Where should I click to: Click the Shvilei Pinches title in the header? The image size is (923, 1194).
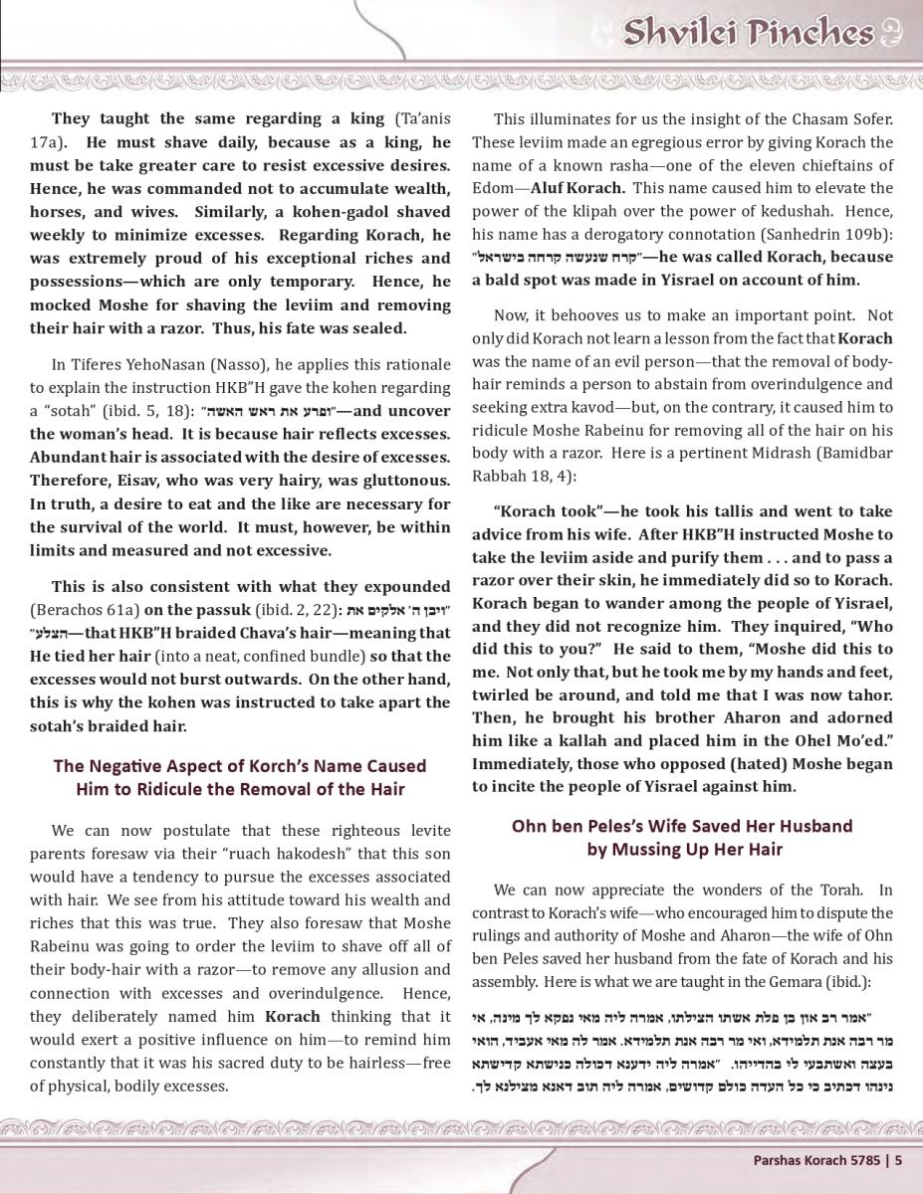[748, 33]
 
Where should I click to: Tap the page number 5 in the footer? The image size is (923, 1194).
[898, 1158]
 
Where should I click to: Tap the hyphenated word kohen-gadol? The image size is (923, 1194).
[347, 212]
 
